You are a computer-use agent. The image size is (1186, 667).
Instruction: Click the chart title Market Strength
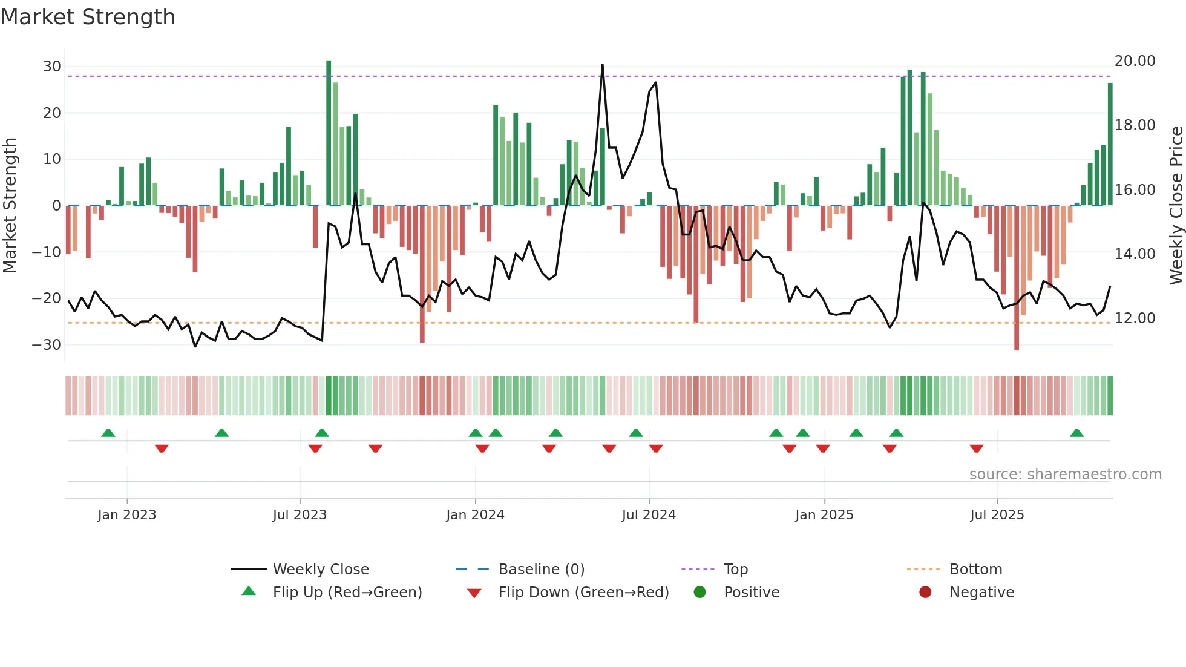[88, 17]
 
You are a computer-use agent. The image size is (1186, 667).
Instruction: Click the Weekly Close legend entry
[320, 570]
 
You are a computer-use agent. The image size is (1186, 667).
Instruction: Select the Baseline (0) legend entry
[541, 570]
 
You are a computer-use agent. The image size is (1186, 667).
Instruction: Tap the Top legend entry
[735, 570]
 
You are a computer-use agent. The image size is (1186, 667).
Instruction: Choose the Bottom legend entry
[975, 570]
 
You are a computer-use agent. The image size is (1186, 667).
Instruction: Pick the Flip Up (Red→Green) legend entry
[347, 593]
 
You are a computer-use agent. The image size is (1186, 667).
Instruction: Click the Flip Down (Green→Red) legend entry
[583, 593]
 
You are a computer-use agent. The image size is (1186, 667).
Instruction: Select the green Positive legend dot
[700, 593]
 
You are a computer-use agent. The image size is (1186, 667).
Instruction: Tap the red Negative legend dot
[925, 593]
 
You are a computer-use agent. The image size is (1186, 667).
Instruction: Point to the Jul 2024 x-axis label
[649, 515]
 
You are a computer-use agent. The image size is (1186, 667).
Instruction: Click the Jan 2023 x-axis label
[127, 515]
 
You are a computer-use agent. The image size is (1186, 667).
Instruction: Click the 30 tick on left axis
[52, 67]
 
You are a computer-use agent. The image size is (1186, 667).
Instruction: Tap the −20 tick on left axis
[47, 298]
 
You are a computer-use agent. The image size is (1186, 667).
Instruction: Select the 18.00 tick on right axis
[1135, 125]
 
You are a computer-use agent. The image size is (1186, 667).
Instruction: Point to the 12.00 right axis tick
[1135, 318]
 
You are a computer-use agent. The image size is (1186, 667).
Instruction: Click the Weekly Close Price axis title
[1176, 206]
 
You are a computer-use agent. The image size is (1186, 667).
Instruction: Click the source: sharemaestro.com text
[1065, 475]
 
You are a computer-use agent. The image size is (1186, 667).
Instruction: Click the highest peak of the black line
[602, 65]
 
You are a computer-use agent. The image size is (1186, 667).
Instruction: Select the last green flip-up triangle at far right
[1076, 433]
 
